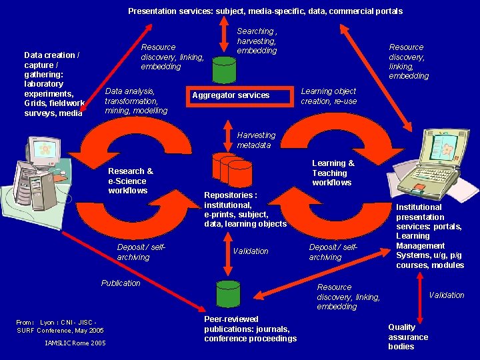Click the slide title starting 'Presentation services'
tap(265, 11)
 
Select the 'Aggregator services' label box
tap(231, 95)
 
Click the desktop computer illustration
tap(37, 175)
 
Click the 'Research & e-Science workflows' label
tap(131, 181)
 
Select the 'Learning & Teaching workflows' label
tap(333, 173)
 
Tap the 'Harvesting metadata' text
tap(256, 140)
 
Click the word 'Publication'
tap(121, 283)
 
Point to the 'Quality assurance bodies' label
tap(408, 337)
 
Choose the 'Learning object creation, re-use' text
tap(329, 96)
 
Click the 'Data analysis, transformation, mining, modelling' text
tap(136, 101)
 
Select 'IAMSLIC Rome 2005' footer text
tap(75, 343)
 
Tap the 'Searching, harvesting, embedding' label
tap(257, 41)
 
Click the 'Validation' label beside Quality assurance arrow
tap(446, 295)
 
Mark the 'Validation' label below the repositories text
tap(251, 251)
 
